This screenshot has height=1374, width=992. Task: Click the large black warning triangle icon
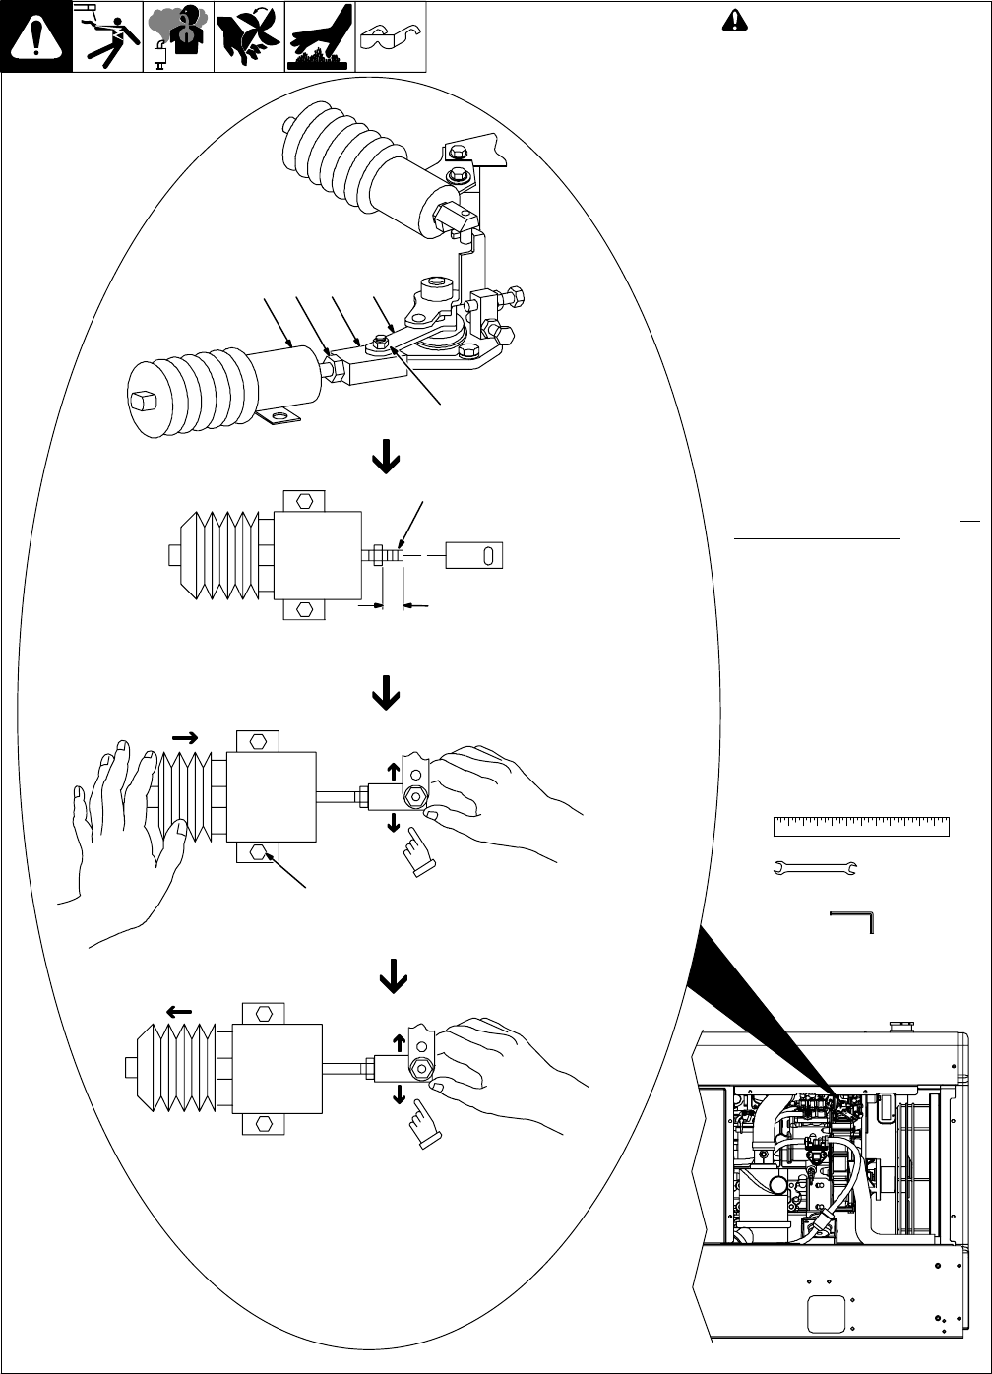point(35,36)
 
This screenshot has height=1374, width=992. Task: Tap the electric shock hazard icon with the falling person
point(106,36)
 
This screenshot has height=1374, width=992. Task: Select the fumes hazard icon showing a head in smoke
point(178,36)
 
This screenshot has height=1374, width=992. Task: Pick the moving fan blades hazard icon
point(248,36)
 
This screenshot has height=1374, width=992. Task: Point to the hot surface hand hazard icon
point(319,36)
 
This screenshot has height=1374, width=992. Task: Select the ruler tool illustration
point(861,826)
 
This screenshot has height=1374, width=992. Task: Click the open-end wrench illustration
point(816,867)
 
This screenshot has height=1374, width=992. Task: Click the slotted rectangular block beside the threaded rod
point(475,554)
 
